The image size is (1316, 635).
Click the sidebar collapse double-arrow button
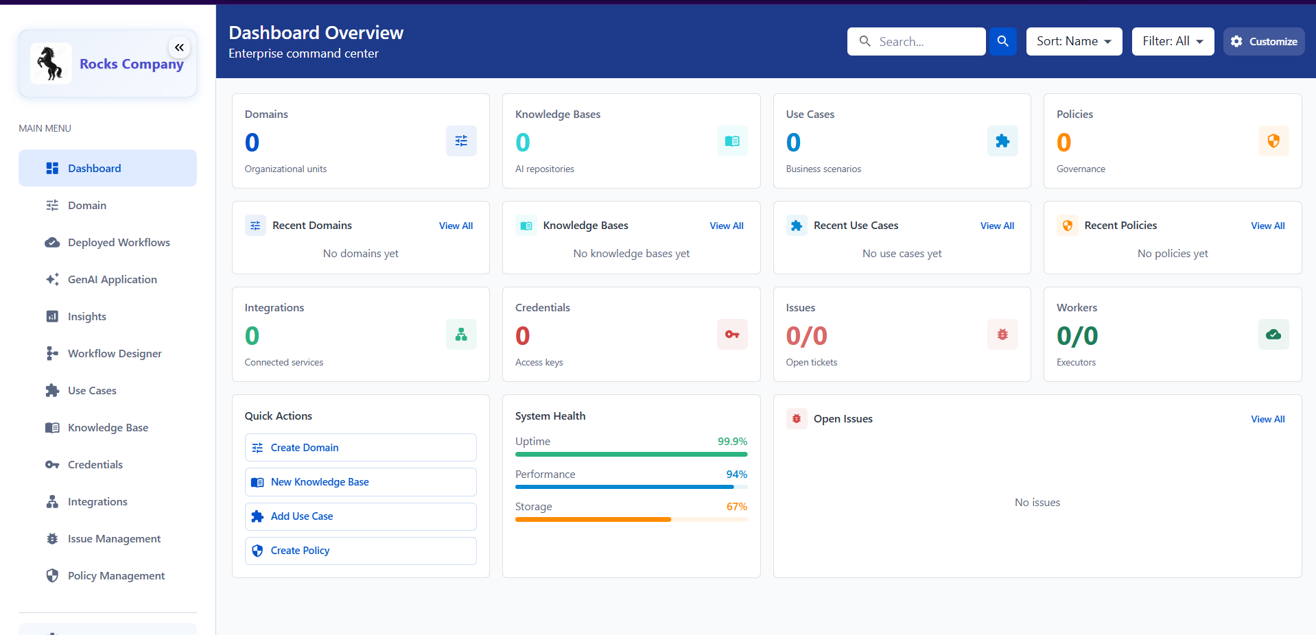click(179, 47)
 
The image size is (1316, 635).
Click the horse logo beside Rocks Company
click(51, 64)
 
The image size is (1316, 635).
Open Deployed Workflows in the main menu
click(118, 243)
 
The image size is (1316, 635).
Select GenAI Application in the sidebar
click(112, 280)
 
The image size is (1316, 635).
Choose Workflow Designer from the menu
click(115, 354)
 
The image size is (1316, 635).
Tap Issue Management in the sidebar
click(114, 539)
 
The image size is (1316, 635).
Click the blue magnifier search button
click(1002, 41)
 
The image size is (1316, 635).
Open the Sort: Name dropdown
click(1074, 41)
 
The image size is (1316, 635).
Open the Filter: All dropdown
click(1173, 41)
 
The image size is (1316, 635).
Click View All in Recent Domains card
click(456, 226)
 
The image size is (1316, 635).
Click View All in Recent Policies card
click(1267, 226)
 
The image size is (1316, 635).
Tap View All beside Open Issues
click(1267, 419)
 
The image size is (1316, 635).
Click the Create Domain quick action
click(360, 448)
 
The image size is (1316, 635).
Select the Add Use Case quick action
click(360, 516)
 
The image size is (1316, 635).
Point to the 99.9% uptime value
click(732, 442)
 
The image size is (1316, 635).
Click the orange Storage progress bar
click(593, 520)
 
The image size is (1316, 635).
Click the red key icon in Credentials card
click(732, 335)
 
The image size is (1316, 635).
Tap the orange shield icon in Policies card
click(1273, 141)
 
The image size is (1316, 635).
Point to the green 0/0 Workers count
click(1077, 336)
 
